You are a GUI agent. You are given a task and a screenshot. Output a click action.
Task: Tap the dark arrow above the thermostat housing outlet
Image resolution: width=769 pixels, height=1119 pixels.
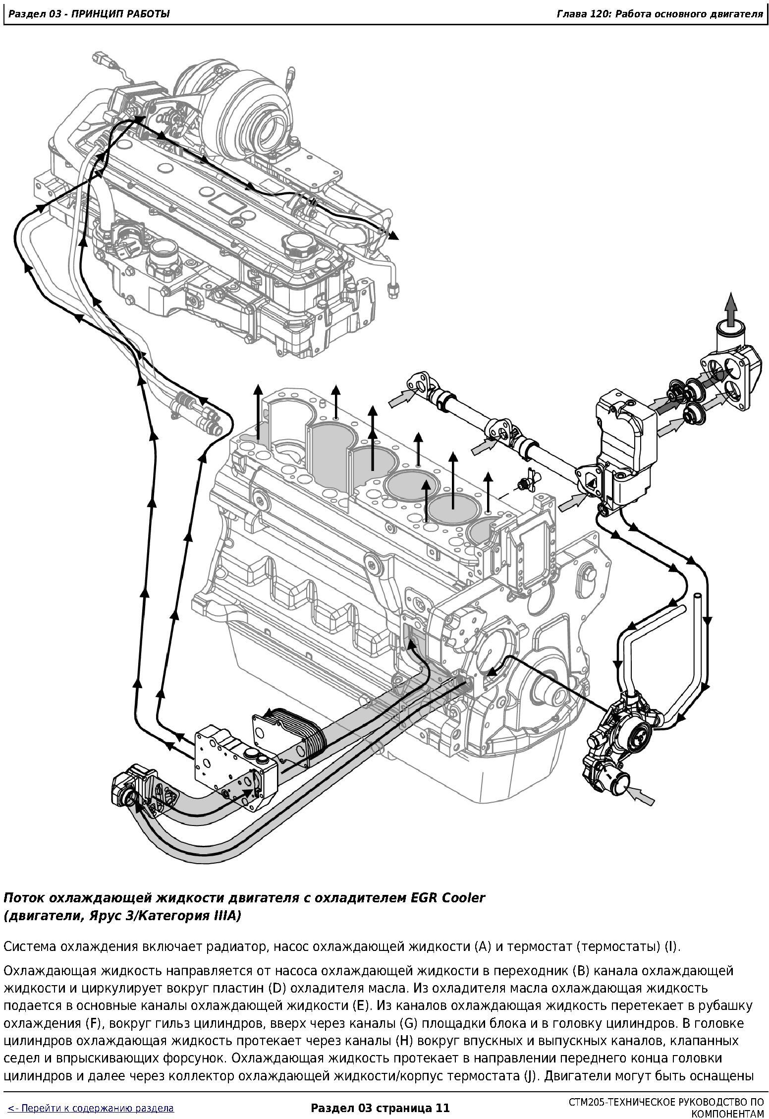[x=731, y=308]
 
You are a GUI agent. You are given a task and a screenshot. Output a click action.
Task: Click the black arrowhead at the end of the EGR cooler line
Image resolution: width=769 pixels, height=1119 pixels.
[x=393, y=236]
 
